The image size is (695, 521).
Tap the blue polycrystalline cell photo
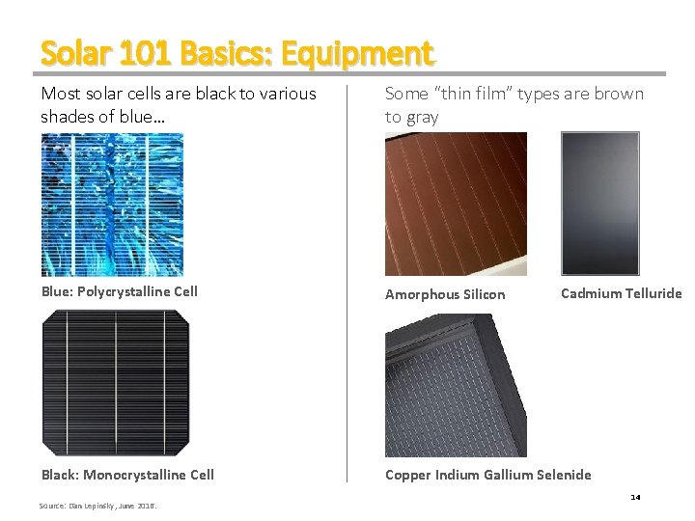[112, 205]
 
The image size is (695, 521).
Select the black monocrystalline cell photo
[115, 383]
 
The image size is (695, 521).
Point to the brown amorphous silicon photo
[456, 205]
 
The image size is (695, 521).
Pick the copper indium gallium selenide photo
[456, 385]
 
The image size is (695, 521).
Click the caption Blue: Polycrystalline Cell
[119, 291]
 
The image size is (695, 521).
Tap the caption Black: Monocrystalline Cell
[127, 475]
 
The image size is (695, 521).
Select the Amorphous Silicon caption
[445, 294]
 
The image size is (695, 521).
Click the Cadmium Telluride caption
[621, 293]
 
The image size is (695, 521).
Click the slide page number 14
[635, 497]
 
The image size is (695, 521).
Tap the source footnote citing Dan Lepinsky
[97, 506]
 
